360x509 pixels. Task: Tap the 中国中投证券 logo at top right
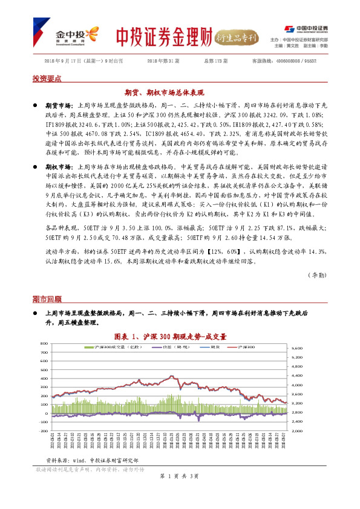[x=306, y=28]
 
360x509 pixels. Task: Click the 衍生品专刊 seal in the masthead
[x=238, y=36]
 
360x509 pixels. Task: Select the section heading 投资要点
[x=47, y=79]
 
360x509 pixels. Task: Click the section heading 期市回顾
[x=47, y=299]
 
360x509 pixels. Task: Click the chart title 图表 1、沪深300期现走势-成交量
[x=180, y=336]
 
